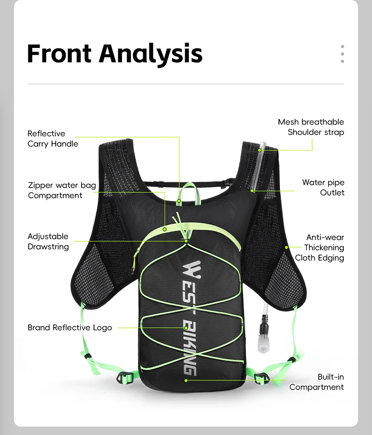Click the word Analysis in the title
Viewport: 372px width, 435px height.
pyautogui.click(x=151, y=54)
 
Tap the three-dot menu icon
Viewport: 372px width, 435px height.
pyautogui.click(x=342, y=54)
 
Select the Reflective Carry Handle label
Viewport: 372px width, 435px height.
pyautogui.click(x=53, y=139)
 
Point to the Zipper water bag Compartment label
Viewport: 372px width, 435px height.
pyautogui.click(x=62, y=190)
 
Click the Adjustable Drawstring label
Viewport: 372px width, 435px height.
pyautogui.click(x=48, y=241)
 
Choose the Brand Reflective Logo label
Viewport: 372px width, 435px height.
pyautogui.click(x=70, y=328)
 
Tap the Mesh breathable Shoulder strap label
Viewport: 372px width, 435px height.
pyautogui.click(x=311, y=127)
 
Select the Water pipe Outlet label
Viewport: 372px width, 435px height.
pyautogui.click(x=323, y=187)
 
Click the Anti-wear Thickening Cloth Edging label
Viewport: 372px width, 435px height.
pyautogui.click(x=320, y=248)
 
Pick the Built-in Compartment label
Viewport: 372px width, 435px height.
pyautogui.click(x=317, y=382)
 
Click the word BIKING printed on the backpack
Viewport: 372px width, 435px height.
pyautogui.click(x=190, y=346)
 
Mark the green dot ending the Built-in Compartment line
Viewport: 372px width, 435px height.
pyautogui.click(x=186, y=380)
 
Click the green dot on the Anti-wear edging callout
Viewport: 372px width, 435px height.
pyautogui.click(x=287, y=248)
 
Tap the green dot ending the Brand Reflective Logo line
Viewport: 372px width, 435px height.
pyautogui.click(x=186, y=328)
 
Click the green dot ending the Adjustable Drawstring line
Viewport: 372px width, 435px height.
pyautogui.click(x=186, y=241)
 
